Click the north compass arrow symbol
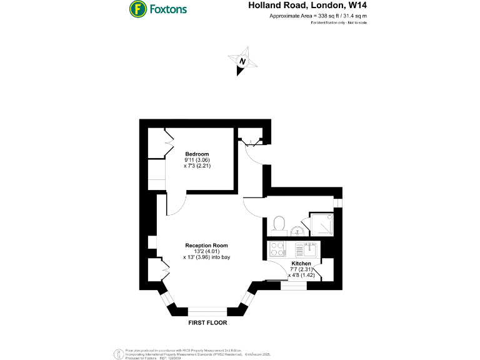(242, 62)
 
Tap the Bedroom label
(197, 154)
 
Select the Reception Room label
(206, 245)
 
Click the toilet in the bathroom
(279, 223)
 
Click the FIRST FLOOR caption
(207, 324)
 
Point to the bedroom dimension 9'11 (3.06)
(197, 160)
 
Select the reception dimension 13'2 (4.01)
(206, 251)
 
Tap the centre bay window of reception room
(207, 309)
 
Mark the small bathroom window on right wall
(338, 202)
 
